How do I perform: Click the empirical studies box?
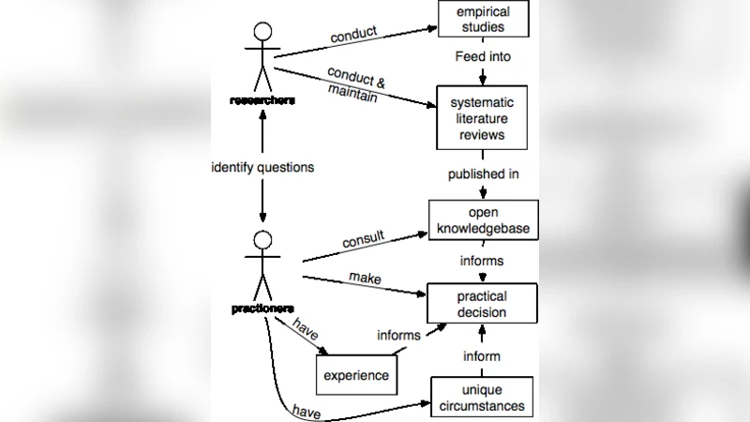483,19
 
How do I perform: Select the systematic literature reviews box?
482,117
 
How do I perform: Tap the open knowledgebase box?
483,219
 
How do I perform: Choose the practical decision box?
482,305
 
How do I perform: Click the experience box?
355,376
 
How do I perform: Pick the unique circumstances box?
481,398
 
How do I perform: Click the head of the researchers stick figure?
262,32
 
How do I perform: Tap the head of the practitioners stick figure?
263,239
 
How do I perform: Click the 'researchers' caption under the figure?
262,100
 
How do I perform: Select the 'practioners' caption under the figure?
262,308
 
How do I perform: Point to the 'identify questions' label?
262,167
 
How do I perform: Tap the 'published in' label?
483,174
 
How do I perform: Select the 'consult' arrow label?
363,240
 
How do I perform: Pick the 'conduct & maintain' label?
352,83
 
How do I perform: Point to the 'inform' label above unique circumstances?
482,356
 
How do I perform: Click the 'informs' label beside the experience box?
398,335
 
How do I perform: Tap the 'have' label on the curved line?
307,410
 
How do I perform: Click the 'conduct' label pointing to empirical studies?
353,34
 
